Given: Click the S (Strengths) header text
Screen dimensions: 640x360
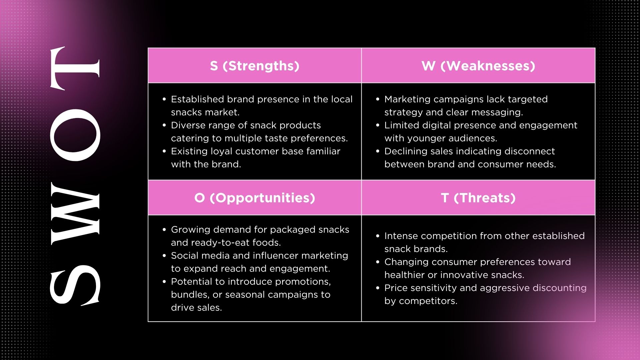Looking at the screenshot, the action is [255, 66].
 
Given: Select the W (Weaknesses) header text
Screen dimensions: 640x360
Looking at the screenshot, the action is [478, 66].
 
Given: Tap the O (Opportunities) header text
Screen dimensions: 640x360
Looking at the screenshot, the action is [255, 198].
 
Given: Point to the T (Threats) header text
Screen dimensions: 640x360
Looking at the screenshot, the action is [478, 198].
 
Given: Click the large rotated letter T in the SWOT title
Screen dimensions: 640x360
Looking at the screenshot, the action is [75, 68].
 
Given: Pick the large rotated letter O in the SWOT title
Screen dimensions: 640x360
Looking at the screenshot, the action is [75, 135].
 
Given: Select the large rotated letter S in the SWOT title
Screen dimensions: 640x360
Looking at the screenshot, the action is [75, 285].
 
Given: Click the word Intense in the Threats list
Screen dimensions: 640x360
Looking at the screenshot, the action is [401, 236].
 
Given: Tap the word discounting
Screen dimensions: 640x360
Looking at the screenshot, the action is [560, 288].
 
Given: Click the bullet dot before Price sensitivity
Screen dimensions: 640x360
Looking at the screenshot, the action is [378, 288].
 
